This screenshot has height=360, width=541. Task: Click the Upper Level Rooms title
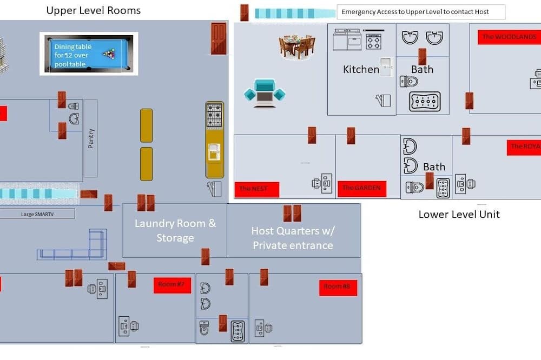pyautogui.click(x=93, y=10)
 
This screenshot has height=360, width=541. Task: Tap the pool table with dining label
pyautogui.click(x=89, y=54)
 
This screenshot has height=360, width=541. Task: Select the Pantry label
pyautogui.click(x=91, y=138)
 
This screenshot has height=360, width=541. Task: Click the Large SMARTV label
pyautogui.click(x=37, y=214)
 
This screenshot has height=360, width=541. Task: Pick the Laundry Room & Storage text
pyautogui.click(x=175, y=230)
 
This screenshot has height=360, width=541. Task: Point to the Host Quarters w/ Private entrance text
pyautogui.click(x=293, y=238)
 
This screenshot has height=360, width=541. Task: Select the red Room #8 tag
pyautogui.click(x=338, y=286)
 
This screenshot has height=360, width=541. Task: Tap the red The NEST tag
pyautogui.click(x=256, y=189)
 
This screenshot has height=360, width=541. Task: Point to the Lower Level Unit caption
pyautogui.click(x=459, y=214)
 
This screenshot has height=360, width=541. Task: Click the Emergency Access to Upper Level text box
pyautogui.click(x=420, y=12)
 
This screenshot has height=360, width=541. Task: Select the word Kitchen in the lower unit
pyautogui.click(x=361, y=69)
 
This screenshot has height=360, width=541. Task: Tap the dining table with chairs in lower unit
pyautogui.click(x=297, y=46)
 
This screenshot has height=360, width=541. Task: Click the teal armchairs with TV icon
pyautogui.click(x=264, y=93)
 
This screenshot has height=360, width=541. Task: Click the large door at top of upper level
pyautogui.click(x=219, y=38)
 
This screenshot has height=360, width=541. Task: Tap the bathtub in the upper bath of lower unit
pyautogui.click(x=424, y=101)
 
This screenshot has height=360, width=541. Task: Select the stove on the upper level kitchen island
pyautogui.click(x=214, y=115)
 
